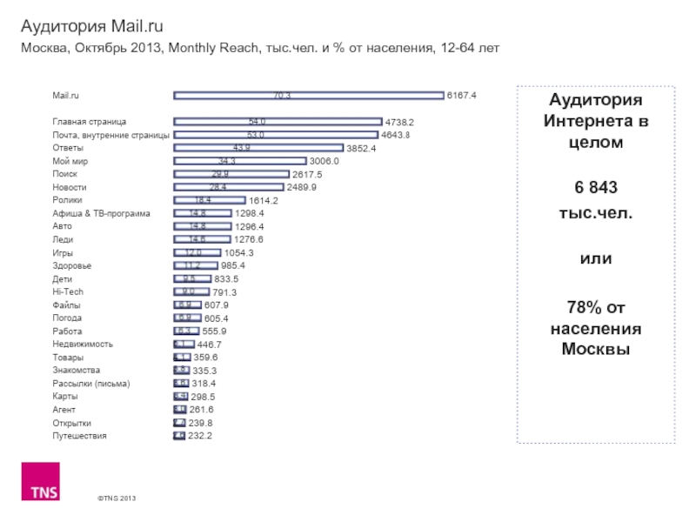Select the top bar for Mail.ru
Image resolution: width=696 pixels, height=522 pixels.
pyautogui.click(x=309, y=96)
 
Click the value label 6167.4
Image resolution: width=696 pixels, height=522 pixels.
pyautogui.click(x=462, y=96)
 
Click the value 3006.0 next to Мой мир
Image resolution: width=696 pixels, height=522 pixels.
pyautogui.click(x=324, y=161)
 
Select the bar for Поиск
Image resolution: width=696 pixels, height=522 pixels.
pyautogui.click(x=231, y=174)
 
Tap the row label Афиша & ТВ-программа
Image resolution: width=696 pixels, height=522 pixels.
pyautogui.click(x=101, y=213)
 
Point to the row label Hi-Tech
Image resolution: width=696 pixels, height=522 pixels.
pyautogui.click(x=68, y=291)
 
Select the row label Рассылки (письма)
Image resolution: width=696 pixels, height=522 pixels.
pyautogui.click(x=90, y=383)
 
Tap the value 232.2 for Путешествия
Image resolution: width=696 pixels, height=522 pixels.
pyautogui.click(x=199, y=435)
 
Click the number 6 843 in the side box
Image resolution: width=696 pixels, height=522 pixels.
pyautogui.click(x=596, y=190)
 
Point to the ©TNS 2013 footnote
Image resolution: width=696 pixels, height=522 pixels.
pyautogui.click(x=117, y=498)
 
